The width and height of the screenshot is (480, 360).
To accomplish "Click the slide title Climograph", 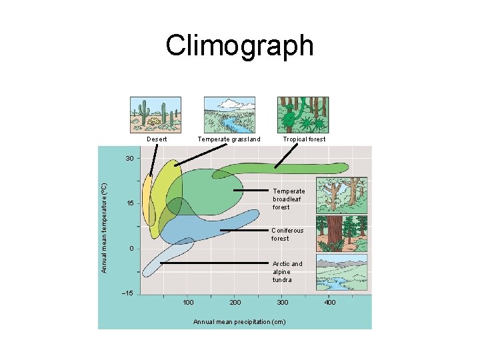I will pyautogui.click(x=239, y=46).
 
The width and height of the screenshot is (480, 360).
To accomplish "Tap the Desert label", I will pyautogui.click(x=157, y=139).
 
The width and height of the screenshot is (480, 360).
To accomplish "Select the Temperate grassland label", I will pyautogui.click(x=229, y=139).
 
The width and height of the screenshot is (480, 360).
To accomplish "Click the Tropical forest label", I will pyautogui.click(x=304, y=139).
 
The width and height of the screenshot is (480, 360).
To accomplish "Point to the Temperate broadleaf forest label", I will pyautogui.click(x=289, y=199).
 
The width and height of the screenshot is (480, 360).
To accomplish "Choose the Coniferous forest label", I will pyautogui.click(x=287, y=234).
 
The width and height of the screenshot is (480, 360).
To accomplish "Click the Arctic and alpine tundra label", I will pyautogui.click(x=287, y=271).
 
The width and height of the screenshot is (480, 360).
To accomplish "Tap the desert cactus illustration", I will pyautogui.click(x=155, y=114).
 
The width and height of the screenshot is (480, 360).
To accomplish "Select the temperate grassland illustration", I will pyautogui.click(x=229, y=114).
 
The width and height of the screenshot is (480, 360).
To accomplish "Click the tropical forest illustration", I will pyautogui.click(x=303, y=114).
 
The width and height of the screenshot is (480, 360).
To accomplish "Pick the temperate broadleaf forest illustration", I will pyautogui.click(x=341, y=195).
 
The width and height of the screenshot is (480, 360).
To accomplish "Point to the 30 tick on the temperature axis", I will pyautogui.click(x=130, y=159).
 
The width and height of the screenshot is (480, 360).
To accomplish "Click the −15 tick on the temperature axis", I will pyautogui.click(x=127, y=293).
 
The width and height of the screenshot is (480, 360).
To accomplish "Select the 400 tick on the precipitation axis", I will pyautogui.click(x=330, y=303).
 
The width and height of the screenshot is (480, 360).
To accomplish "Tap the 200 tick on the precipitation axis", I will pyautogui.click(x=235, y=303).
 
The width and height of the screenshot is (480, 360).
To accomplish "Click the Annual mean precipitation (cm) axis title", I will pyautogui.click(x=239, y=322).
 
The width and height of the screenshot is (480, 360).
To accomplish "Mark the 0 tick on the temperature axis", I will pyautogui.click(x=132, y=249).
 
